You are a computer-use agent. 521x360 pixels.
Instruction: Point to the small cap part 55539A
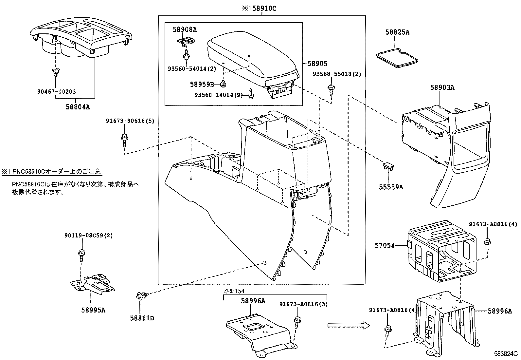click(x=388, y=166)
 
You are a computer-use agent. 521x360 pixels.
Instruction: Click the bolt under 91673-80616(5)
click(x=125, y=140)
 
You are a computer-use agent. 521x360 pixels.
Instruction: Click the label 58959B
click(x=202, y=84)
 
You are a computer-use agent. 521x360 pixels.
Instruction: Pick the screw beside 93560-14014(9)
click(x=251, y=94)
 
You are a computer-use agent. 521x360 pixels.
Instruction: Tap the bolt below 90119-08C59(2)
click(x=81, y=254)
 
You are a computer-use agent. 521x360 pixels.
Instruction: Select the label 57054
click(x=385, y=245)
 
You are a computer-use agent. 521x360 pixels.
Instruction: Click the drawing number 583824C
click(x=506, y=354)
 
